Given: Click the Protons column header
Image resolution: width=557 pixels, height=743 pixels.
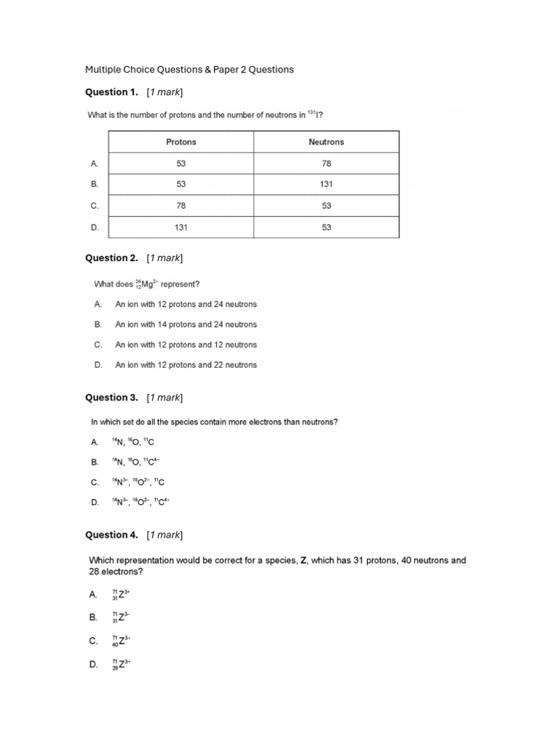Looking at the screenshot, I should (x=181, y=142).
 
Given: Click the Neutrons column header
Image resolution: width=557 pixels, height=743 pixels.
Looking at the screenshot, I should (x=326, y=142).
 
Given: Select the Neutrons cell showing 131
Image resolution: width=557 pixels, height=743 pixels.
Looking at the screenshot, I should (x=326, y=184).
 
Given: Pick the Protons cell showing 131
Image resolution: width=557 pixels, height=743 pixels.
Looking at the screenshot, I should (x=181, y=227).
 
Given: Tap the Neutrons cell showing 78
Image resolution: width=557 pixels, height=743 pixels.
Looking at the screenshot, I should (x=326, y=164).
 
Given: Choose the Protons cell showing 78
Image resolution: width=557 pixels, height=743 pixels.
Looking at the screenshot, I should (x=181, y=206).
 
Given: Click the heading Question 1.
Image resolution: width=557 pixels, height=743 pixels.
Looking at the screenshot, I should (x=112, y=92).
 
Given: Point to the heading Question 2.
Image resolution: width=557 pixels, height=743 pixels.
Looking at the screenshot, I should (x=112, y=258).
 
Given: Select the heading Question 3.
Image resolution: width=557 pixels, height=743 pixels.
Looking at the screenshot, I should (x=112, y=398).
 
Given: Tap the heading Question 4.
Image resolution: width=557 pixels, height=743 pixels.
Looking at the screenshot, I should (x=112, y=535).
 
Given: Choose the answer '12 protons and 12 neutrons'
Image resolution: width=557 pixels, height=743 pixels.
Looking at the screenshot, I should (x=186, y=345).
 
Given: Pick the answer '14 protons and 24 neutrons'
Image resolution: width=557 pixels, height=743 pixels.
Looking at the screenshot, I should (x=186, y=324).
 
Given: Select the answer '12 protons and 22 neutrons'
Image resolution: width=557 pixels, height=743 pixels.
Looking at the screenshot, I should (x=186, y=365).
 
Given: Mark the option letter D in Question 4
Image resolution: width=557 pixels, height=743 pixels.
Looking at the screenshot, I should (x=94, y=664).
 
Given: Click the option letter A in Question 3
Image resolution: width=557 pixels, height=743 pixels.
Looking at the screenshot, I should (x=94, y=441).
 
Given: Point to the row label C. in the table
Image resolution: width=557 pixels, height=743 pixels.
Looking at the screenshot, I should (x=94, y=206).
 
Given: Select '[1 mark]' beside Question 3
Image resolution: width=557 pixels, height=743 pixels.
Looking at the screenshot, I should (x=165, y=398).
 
